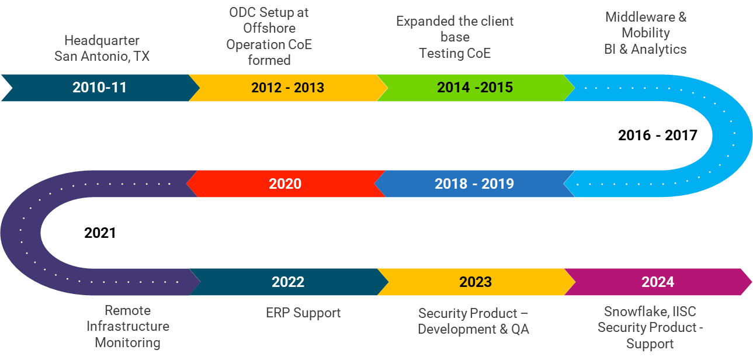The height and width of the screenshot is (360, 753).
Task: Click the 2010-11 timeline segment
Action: [99, 88]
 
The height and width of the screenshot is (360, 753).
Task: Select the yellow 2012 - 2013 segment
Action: [287, 88]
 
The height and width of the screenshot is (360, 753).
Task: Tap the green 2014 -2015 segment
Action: [474, 88]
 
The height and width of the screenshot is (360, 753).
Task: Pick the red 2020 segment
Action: [285, 184]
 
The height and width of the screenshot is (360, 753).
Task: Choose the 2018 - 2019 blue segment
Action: [474, 184]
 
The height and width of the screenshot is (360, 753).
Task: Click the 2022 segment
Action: [288, 282]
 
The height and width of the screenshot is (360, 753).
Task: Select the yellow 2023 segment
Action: [475, 282]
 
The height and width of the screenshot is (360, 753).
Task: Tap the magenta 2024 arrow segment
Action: [657, 282]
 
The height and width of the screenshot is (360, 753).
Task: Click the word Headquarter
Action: [102, 41]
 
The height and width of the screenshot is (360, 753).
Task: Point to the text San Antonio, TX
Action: [102, 56]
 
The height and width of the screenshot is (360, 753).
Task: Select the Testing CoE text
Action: [454, 53]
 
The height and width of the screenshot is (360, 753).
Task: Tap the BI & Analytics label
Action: [645, 49]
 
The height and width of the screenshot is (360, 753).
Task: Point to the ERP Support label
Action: [303, 313]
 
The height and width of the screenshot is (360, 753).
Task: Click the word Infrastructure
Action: [128, 326]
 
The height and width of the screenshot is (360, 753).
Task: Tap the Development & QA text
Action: [473, 329]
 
